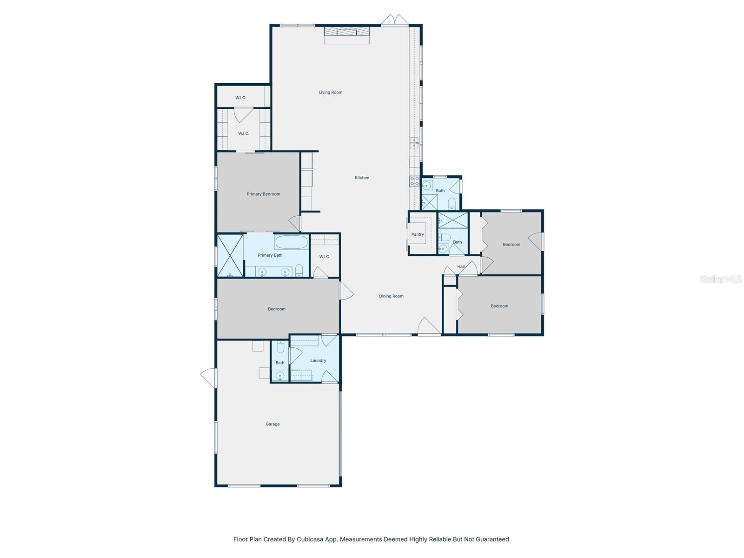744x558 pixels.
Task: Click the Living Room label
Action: tap(330, 93)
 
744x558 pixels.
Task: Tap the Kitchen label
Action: tap(362, 178)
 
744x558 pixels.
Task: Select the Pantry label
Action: tap(418, 234)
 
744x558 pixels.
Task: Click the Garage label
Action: tap(272, 424)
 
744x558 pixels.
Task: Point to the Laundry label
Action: tap(318, 360)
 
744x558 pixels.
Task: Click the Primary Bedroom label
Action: tap(263, 194)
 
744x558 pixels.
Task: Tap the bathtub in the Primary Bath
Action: tap(291, 242)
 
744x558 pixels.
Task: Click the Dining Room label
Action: tap(391, 296)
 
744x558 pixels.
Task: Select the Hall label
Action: tap(461, 266)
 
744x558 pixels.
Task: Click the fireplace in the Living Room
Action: tap(346, 32)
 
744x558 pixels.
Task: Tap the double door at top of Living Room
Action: tap(394, 20)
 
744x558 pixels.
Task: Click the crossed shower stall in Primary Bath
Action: tap(230, 256)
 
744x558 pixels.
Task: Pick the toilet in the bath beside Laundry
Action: tap(280, 347)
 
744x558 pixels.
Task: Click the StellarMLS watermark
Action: tap(721, 279)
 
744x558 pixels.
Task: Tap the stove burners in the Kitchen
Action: tap(414, 181)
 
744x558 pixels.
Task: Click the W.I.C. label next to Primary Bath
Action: tap(325, 257)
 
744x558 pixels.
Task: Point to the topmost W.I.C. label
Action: tap(240, 98)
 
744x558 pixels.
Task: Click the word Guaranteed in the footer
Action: tap(494, 539)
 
